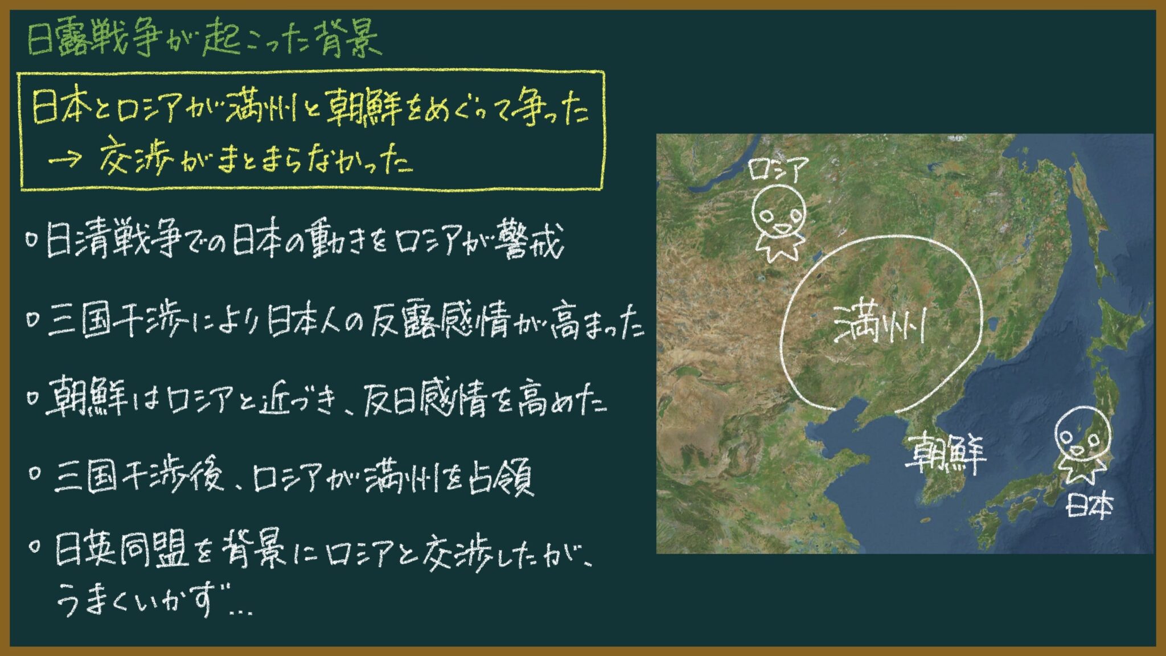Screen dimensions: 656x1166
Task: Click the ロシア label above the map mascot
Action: click(778, 170)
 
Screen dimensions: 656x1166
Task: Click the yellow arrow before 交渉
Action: click(65, 161)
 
